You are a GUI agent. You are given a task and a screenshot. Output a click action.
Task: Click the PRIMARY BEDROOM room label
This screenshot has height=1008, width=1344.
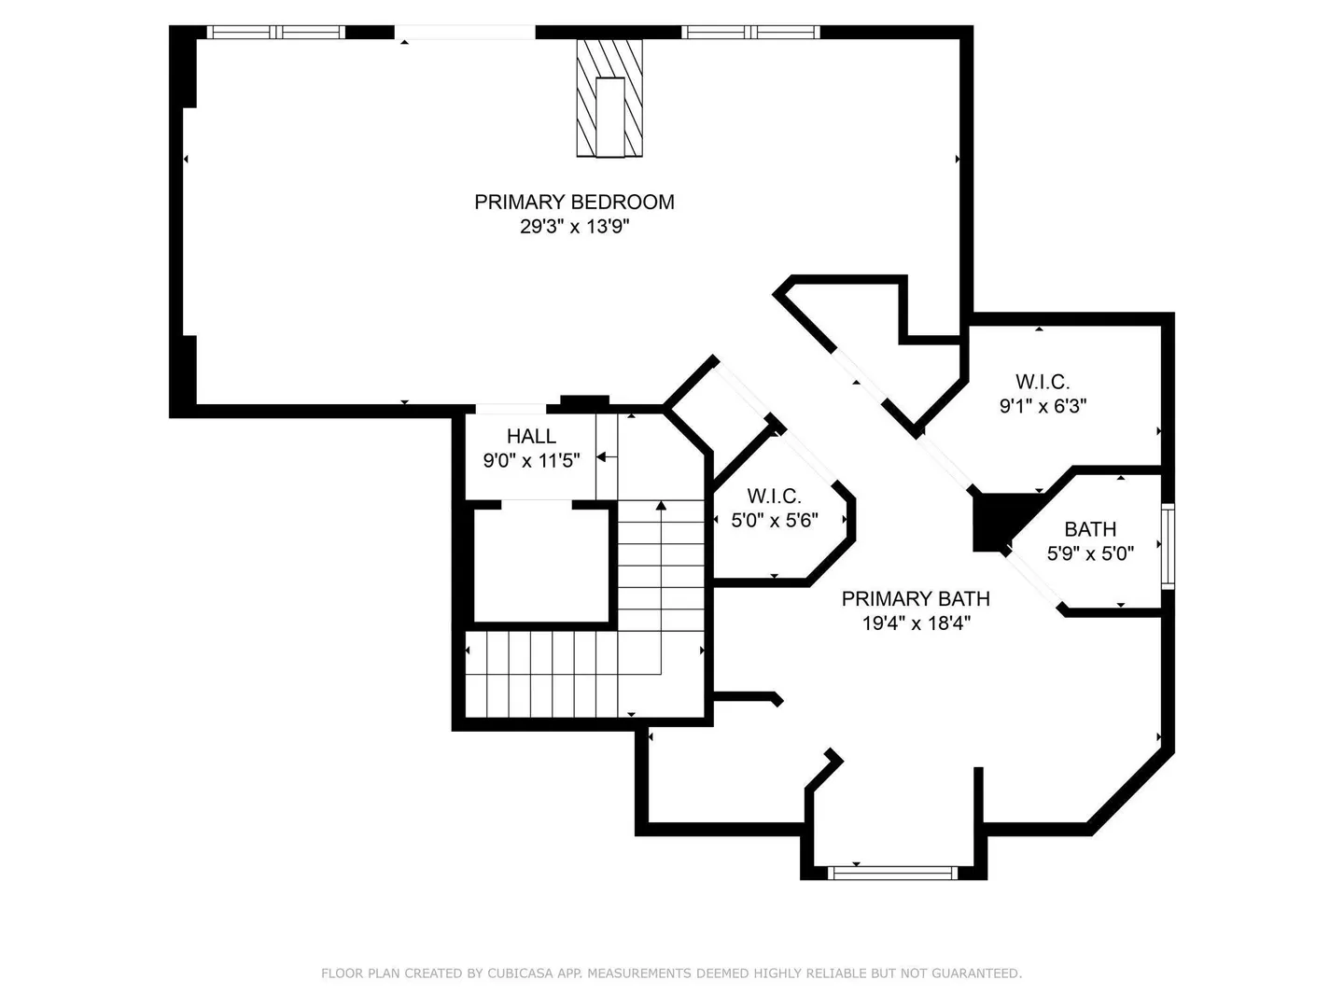[574, 202]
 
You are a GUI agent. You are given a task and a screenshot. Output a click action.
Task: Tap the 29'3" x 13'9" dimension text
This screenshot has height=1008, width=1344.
[574, 227]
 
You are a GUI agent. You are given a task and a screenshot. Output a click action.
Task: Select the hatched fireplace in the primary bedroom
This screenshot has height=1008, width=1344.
[609, 99]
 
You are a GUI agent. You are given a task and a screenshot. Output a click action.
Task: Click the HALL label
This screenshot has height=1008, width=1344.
[531, 436]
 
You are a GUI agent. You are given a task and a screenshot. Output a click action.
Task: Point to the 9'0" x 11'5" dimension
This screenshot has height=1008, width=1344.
[531, 460]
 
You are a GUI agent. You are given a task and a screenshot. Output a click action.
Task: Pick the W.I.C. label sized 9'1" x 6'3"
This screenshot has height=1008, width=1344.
[1043, 382]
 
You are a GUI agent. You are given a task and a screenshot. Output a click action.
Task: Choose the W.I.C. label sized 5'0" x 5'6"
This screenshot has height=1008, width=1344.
[774, 495]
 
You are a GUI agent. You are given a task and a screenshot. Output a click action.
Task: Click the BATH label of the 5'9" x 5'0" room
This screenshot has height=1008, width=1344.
[1090, 529]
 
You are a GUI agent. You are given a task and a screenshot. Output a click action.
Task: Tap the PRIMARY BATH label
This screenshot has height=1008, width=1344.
[916, 598]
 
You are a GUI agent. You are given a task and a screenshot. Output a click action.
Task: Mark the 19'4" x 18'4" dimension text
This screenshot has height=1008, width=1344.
[916, 623]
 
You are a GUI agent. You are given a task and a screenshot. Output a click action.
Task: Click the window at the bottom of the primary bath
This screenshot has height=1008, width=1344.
[893, 873]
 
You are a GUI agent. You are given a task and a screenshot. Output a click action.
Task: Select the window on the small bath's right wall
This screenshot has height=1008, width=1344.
[1168, 546]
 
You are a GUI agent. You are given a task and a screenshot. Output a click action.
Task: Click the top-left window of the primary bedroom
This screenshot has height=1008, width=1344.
[276, 32]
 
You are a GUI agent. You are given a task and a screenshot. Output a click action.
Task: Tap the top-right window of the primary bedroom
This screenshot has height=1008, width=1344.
[750, 32]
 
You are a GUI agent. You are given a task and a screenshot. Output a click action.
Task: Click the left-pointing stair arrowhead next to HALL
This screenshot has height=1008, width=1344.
[601, 457]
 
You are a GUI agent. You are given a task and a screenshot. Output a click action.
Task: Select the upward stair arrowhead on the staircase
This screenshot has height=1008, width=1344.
[661, 506]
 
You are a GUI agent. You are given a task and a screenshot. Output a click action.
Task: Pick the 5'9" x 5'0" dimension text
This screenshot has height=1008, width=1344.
[1090, 553]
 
